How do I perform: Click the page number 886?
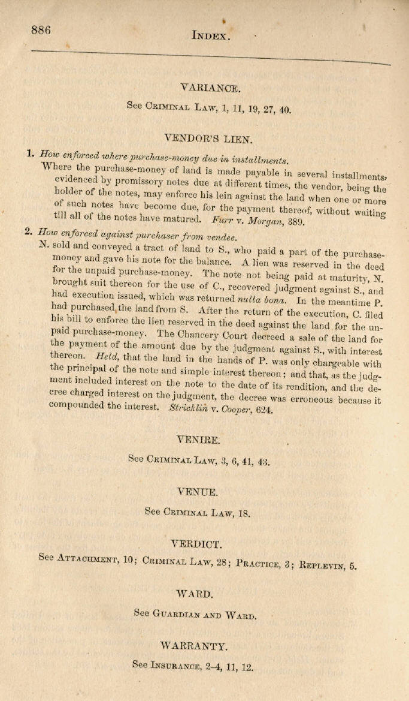pos(41,30)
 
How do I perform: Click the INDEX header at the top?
pos(210,35)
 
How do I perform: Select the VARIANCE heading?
pos(210,88)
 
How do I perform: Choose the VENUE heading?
pos(198,491)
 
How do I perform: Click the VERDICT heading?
pos(196,544)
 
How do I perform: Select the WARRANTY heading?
pos(194,646)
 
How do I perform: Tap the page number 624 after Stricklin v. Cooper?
pos(263,410)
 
